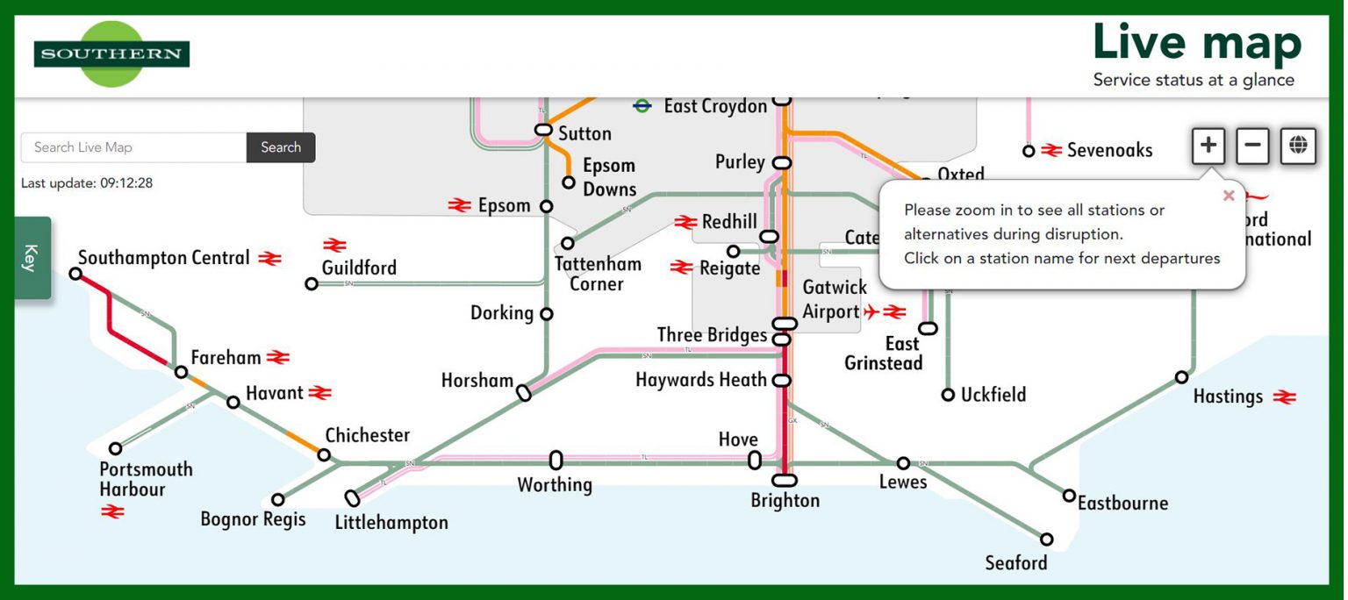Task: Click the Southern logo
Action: pos(111,54)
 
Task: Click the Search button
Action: pos(281,147)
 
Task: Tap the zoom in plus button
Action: pos(1208,146)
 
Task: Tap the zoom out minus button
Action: pos(1253,146)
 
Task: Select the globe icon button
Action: pos(1298,146)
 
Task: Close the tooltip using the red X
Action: pos(1229,196)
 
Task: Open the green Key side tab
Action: pos(32,258)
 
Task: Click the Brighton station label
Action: pos(785,501)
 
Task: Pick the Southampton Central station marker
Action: pos(75,274)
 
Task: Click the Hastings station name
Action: pos(1228,396)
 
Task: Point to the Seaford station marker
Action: pos(1047,539)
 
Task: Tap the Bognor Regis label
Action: pos(253,519)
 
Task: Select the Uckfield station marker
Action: pos(948,395)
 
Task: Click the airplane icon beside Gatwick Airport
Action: pos(871,311)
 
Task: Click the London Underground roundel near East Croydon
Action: pos(642,106)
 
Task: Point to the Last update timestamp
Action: pos(87,183)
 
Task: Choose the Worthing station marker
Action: pos(556,460)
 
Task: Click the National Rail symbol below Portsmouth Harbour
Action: pos(113,511)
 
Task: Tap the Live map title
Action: pos(1196,44)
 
